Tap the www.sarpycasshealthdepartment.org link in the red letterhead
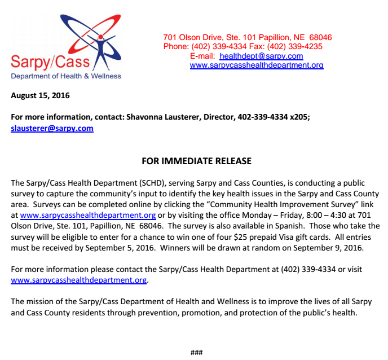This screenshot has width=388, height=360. pos(256,65)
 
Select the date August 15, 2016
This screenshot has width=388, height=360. pos(40,95)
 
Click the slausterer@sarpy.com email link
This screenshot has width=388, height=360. pos(52,128)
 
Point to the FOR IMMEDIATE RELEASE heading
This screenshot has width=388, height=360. pos(196,161)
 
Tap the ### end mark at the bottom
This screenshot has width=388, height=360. pos(196,353)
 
